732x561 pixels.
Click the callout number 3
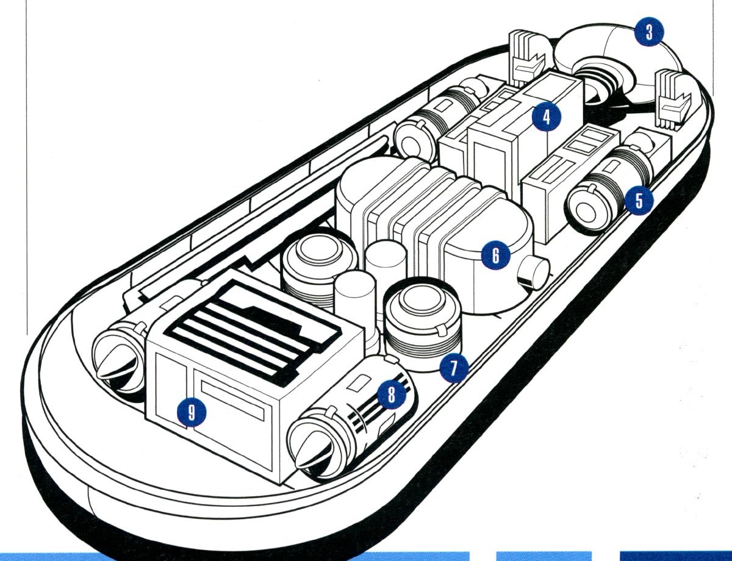point(648,33)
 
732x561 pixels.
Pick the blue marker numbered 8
point(391,396)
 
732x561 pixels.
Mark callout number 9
point(191,413)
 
